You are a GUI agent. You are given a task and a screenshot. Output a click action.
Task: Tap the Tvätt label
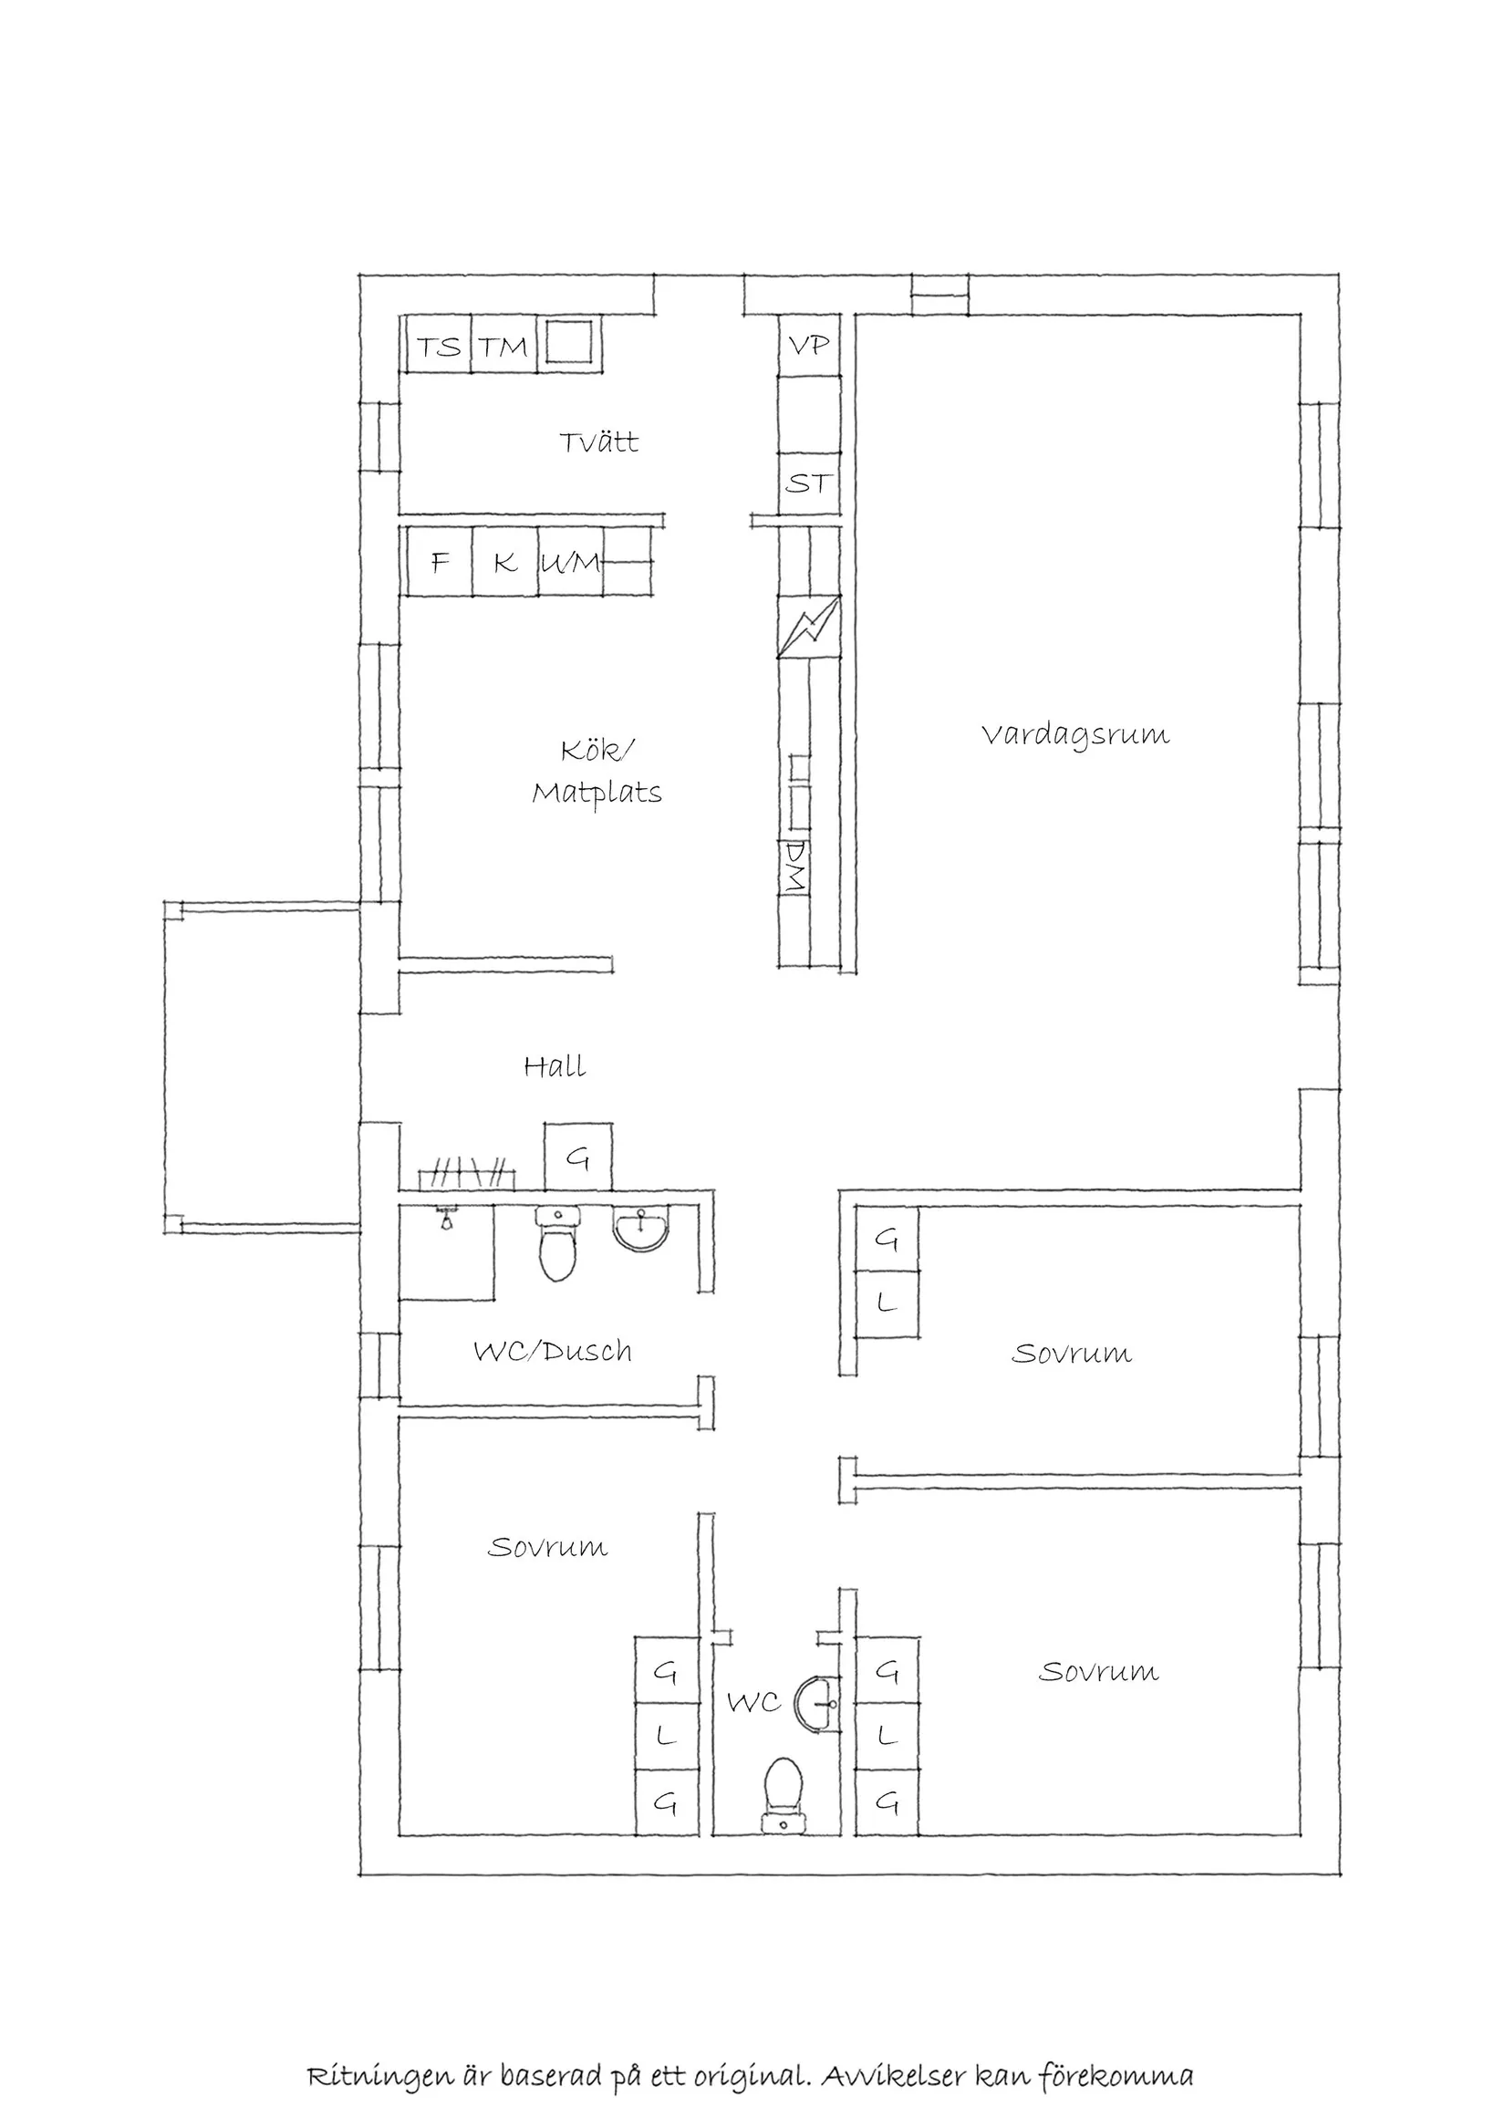(x=598, y=441)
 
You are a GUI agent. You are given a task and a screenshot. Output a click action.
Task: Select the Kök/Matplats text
(x=597, y=772)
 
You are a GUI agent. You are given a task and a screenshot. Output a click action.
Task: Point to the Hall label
(x=555, y=1066)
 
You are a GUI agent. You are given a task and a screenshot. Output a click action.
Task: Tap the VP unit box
(x=809, y=345)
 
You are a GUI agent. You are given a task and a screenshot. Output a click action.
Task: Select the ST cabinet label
(x=808, y=483)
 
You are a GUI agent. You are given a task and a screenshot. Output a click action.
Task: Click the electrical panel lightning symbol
(x=809, y=627)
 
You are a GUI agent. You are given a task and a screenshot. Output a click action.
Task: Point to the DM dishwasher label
(x=794, y=867)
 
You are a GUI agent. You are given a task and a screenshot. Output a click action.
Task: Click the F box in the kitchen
(x=441, y=562)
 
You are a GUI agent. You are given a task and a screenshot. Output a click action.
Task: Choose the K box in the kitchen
(x=505, y=562)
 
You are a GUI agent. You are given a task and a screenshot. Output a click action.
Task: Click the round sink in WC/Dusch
(x=641, y=1229)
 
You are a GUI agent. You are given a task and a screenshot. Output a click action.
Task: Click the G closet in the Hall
(x=577, y=1157)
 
